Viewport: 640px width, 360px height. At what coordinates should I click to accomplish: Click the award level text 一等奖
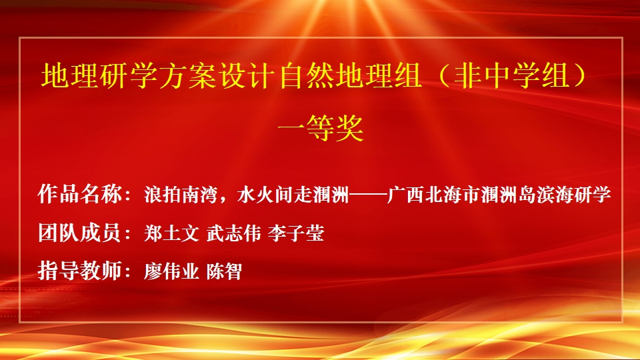click(x=321, y=128)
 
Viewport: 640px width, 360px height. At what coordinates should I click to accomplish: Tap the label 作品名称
click(x=79, y=194)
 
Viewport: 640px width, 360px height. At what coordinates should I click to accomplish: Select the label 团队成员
click(x=79, y=233)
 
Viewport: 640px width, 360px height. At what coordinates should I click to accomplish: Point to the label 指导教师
click(x=79, y=271)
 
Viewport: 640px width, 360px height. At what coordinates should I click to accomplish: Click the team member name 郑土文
click(x=172, y=233)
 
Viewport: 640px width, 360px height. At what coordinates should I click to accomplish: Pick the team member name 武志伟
click(x=234, y=233)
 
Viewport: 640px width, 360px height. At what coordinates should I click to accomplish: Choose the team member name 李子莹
click(x=296, y=233)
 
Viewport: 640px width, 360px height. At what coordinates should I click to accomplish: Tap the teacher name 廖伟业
click(x=172, y=271)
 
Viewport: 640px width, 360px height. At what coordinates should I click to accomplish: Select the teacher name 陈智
click(x=225, y=271)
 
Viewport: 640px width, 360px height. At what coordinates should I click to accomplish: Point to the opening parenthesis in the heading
click(x=444, y=76)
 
